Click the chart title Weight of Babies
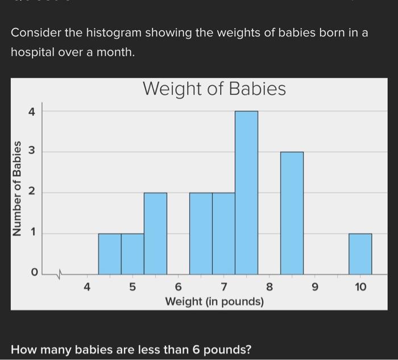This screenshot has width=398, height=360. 214,89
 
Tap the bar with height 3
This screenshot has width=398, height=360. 292,213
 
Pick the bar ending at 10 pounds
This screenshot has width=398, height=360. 360,254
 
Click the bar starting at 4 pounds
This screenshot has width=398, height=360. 110,254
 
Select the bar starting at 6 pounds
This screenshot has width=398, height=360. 201,233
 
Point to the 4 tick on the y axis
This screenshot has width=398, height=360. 32,112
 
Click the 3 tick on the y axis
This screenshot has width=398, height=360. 32,152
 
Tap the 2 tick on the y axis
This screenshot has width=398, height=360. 32,193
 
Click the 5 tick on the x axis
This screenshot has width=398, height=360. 132,287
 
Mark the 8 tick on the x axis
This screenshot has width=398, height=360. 270,287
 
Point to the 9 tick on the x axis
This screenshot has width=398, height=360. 315,287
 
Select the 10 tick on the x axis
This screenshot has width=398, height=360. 360,287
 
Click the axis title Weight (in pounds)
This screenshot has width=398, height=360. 214,301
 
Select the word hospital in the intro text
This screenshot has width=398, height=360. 32,53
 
